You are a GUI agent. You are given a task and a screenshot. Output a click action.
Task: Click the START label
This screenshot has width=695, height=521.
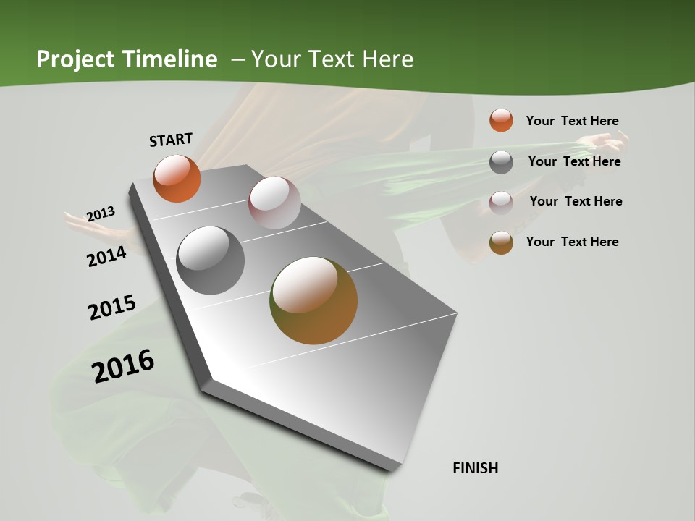171,140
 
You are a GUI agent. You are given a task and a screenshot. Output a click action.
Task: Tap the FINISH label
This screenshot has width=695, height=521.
476,468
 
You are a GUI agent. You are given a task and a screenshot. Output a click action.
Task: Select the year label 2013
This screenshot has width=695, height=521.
101,214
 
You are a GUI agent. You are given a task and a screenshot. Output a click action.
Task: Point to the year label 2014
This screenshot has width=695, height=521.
107,256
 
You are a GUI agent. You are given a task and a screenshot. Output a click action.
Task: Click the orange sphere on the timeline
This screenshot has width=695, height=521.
177,179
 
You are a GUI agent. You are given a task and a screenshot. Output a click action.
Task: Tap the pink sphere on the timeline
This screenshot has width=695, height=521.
274,203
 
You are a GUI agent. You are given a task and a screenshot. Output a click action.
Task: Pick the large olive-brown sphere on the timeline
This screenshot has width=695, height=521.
313,300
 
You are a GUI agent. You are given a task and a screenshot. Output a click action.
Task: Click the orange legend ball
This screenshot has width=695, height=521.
501,120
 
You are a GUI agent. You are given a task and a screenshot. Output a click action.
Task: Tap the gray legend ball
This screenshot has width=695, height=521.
501,162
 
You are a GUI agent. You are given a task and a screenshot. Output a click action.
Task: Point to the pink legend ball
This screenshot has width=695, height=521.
501,202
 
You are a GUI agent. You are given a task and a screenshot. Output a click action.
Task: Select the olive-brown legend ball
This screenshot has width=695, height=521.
501,242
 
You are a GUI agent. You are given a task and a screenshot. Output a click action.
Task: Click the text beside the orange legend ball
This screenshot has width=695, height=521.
572,121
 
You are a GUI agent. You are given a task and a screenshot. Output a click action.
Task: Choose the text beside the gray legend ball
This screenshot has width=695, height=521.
574,161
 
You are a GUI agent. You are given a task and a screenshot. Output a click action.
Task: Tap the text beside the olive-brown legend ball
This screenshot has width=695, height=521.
572,242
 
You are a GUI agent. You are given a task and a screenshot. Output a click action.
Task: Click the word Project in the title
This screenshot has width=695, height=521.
73,59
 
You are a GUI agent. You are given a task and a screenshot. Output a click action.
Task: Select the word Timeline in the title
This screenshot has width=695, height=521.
170,59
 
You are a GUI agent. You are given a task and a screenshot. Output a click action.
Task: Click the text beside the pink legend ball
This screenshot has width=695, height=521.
576,201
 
